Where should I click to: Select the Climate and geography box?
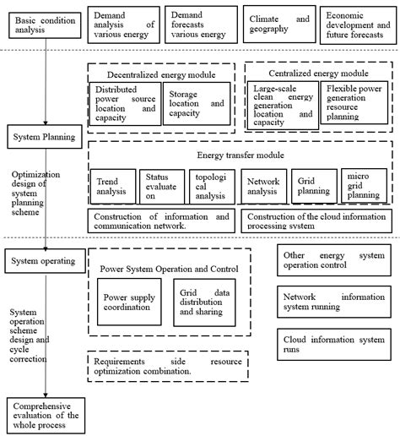coord(273,25)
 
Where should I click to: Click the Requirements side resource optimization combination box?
coord(168,366)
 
